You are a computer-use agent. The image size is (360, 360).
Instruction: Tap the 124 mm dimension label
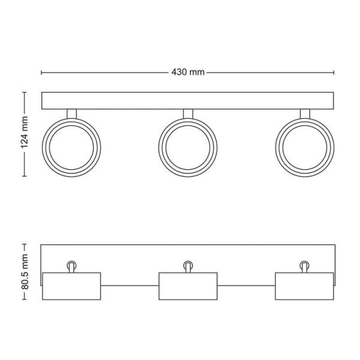coord(25,134)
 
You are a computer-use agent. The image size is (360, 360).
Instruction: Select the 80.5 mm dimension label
coord(25,272)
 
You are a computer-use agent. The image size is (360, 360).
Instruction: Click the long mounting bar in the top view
coord(187,100)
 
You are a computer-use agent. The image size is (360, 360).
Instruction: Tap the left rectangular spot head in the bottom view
coord(71,286)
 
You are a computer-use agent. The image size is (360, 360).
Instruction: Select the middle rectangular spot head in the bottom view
coord(187,286)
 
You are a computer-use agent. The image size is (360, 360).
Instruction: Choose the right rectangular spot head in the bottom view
coord(304,286)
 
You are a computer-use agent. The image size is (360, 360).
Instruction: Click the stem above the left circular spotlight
coord(71,114)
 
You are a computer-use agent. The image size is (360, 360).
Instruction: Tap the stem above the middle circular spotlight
coord(187,114)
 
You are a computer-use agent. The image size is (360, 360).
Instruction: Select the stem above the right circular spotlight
coord(304,114)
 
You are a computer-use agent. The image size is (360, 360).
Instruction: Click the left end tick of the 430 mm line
coord(41,73)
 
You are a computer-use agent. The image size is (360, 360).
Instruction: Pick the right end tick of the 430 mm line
coord(333,73)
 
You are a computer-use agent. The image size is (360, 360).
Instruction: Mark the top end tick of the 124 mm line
coord(25,92)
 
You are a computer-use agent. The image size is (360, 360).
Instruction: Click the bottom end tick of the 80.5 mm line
coord(25,300)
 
